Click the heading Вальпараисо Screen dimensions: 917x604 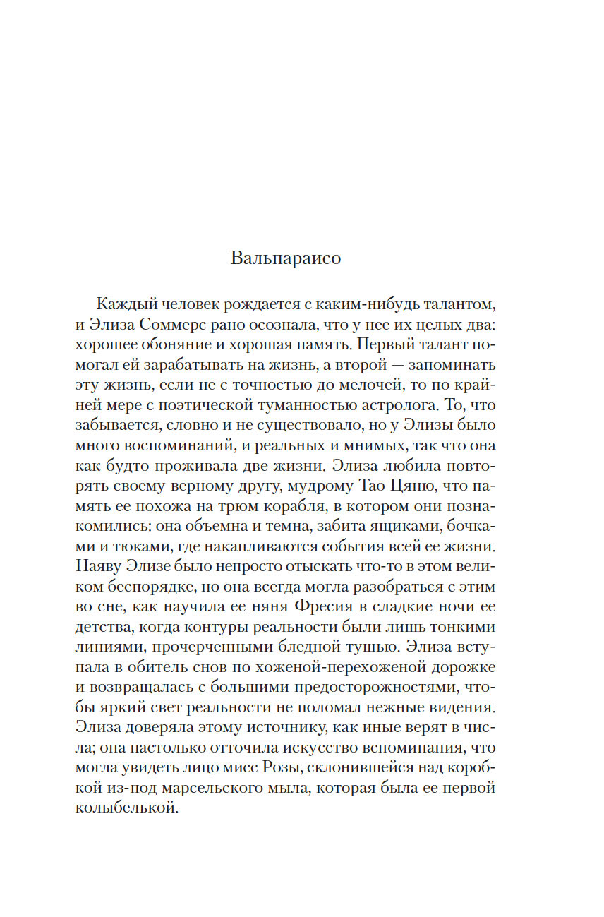click(285, 258)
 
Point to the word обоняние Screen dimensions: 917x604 click(172, 347)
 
